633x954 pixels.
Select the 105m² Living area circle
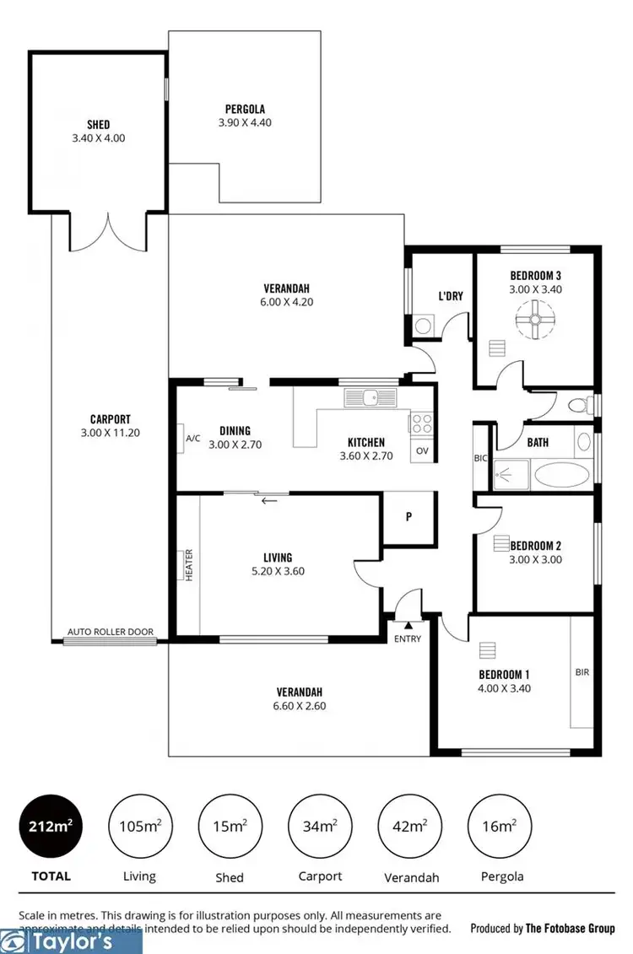point(139,828)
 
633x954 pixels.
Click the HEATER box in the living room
point(188,564)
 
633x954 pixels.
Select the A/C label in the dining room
point(192,439)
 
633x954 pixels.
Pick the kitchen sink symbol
point(372,396)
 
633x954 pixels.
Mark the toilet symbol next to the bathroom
point(580,406)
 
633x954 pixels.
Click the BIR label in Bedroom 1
point(582,672)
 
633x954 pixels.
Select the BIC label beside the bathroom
point(480,458)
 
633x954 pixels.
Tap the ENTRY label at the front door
point(407,639)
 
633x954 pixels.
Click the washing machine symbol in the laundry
point(424,326)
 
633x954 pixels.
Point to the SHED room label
point(98,125)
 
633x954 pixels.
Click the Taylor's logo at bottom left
point(71,941)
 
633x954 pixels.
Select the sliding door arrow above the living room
point(270,501)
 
